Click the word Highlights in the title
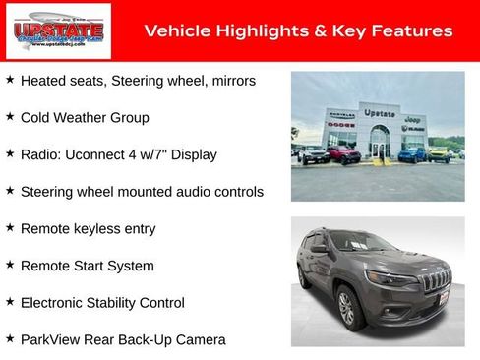coord(251,31)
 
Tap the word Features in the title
coord(414,31)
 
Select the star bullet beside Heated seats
coord(10,80)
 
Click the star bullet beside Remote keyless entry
coord(10,227)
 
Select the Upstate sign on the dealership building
coord(379,114)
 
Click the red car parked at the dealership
coord(344,154)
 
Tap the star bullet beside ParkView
coord(10,339)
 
